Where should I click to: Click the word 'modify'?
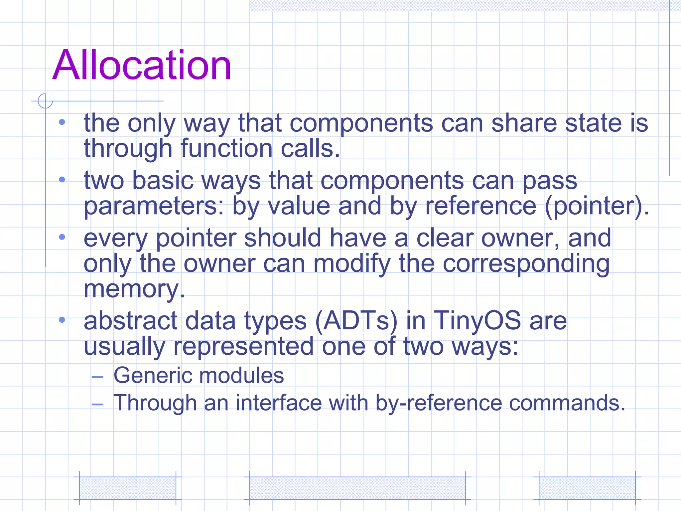point(352,263)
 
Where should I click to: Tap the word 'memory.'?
point(134,289)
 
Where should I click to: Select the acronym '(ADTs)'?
point(356,321)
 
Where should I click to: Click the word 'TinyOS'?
point(477,321)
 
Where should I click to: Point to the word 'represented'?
point(243,346)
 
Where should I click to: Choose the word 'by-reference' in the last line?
point(438,403)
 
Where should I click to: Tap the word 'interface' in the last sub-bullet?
point(279,403)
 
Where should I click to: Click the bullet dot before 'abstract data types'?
point(62,320)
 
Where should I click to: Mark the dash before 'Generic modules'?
point(97,377)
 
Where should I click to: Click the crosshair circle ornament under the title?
point(45,101)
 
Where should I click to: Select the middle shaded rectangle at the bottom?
point(357,488)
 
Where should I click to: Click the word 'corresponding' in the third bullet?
point(526,263)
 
